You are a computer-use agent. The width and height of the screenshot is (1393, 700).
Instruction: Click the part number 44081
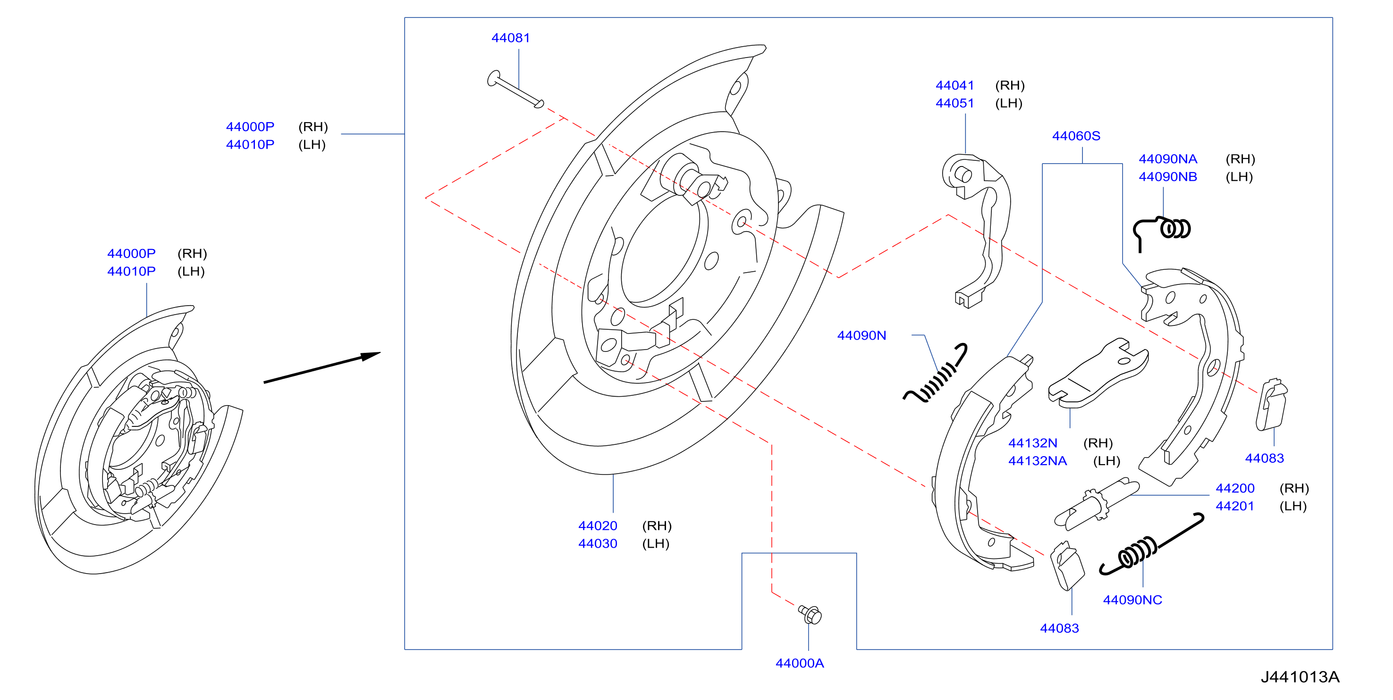(x=510, y=38)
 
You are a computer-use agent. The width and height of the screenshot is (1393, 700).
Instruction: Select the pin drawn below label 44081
(x=515, y=89)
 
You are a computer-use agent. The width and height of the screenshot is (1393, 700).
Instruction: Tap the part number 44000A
(x=799, y=663)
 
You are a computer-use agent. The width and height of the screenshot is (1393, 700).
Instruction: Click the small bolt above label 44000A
(x=810, y=615)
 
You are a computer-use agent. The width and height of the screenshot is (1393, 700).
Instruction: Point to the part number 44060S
(x=1076, y=136)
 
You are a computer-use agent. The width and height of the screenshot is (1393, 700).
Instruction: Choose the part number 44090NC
(x=1132, y=600)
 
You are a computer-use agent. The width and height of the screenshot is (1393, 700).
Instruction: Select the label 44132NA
(x=1037, y=461)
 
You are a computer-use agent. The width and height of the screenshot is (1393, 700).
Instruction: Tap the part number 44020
(x=598, y=526)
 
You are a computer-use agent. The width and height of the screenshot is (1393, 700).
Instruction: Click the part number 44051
(x=954, y=103)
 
